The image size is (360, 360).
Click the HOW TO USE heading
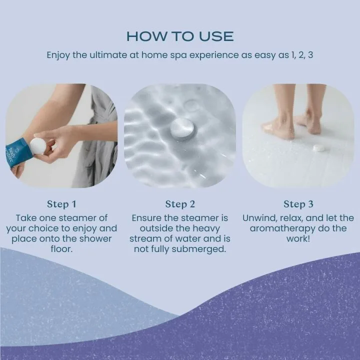pyautogui.click(x=180, y=36)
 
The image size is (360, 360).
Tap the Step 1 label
pyautogui.click(x=61, y=204)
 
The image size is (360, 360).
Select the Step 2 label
pyautogui.click(x=180, y=204)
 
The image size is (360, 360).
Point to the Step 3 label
pyautogui.click(x=298, y=204)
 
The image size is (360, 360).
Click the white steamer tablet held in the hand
pyautogui.click(x=37, y=146)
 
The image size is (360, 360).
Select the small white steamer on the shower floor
pyautogui.click(x=318, y=147)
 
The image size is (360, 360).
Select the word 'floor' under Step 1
pyautogui.click(x=61, y=249)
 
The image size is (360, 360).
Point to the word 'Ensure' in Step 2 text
pyautogui.click(x=147, y=218)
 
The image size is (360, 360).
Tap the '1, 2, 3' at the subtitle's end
pyautogui.click(x=302, y=55)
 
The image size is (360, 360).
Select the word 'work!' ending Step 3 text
pyautogui.click(x=298, y=239)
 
